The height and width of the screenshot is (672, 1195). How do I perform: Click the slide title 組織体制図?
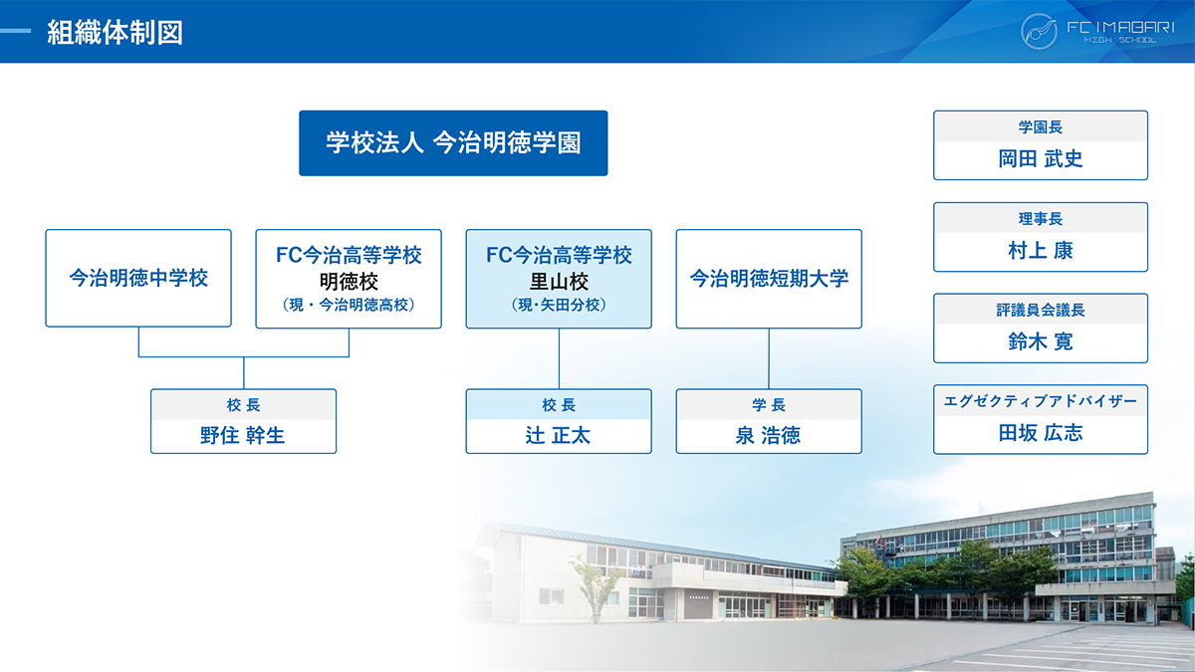(115, 32)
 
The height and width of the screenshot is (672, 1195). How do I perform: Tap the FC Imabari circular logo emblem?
(1039, 32)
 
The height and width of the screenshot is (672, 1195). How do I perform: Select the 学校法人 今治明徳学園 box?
(453, 143)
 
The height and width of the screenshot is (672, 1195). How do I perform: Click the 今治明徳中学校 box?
(138, 278)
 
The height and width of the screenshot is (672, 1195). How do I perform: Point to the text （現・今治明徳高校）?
(349, 305)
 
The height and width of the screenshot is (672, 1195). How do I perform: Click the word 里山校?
(559, 281)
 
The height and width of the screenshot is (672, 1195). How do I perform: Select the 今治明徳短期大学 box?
(769, 279)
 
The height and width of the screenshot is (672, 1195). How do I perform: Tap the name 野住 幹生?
(243, 435)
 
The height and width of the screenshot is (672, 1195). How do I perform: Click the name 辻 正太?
(558, 435)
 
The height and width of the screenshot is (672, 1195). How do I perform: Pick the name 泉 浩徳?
(768, 435)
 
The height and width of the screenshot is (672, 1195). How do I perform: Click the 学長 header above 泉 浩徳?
(769, 405)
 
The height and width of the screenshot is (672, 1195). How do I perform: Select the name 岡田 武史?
(1041, 158)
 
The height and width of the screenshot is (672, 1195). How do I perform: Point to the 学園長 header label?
(1041, 127)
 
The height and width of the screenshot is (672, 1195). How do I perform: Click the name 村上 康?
(1041, 250)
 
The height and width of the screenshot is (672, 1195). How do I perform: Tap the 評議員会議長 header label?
(1041, 310)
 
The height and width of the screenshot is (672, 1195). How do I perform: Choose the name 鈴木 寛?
(1041, 341)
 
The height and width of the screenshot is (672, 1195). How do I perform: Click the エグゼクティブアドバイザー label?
(1041, 400)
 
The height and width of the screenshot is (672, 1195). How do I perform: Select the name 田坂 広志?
(1041, 432)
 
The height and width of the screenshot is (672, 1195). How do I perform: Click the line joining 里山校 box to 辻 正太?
(559, 358)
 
